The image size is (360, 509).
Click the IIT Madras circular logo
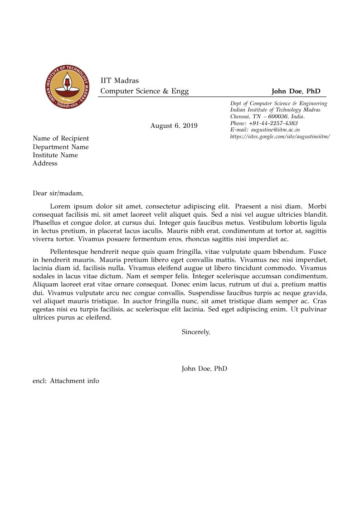68,87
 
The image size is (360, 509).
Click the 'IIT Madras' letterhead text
120,81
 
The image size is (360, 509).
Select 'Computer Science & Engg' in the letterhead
144,91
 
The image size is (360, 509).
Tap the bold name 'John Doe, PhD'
296,91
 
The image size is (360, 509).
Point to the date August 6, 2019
174,126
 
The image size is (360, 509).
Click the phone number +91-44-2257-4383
273,123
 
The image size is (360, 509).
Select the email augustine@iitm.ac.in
275,130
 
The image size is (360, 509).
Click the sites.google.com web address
280,136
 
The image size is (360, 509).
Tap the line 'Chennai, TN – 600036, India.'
267,116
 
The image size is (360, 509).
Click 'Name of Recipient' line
61,138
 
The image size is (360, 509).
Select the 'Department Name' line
61,147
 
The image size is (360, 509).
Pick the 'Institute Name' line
55,155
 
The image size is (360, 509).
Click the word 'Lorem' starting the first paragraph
59,206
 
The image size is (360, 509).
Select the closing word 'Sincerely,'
196,332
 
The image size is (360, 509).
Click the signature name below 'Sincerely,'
204,368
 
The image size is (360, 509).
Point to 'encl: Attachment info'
66,381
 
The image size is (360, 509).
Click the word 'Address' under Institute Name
45,163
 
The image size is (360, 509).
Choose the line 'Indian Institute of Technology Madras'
275,110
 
